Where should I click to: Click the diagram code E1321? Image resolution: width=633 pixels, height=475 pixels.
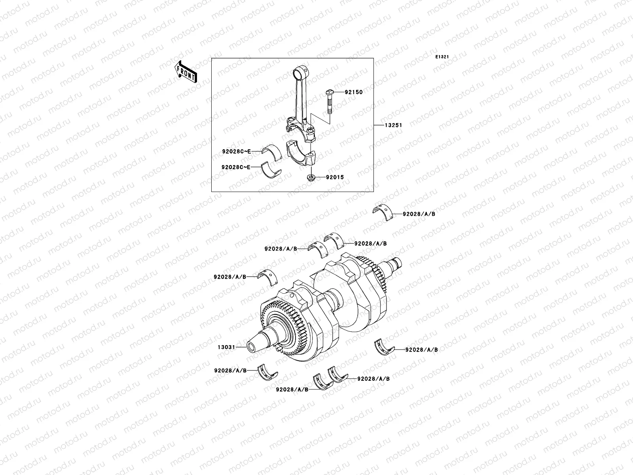[x=442, y=57]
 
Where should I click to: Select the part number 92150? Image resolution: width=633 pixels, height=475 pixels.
[x=353, y=92]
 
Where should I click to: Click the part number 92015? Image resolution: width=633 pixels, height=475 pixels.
[x=335, y=178]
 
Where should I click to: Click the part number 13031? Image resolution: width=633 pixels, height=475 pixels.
[x=226, y=347]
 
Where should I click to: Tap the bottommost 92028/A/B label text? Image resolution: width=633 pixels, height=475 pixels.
[x=292, y=389]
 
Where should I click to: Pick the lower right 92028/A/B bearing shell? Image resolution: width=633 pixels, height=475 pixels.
[x=384, y=347]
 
